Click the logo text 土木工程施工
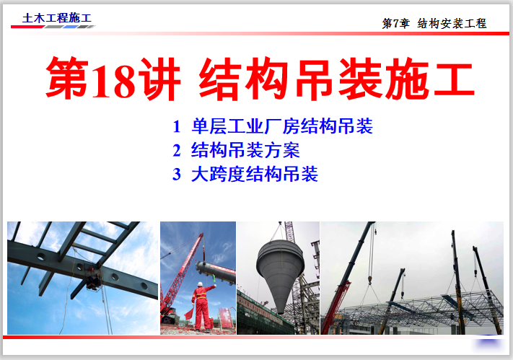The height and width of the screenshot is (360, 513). [x=57, y=18]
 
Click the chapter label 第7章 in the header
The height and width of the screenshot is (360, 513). [x=395, y=24]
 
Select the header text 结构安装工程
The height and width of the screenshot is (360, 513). [x=452, y=24]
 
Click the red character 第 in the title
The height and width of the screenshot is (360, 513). [x=67, y=79]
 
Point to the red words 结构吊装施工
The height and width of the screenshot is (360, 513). [x=336, y=79]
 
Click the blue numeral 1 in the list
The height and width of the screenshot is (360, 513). [x=177, y=126]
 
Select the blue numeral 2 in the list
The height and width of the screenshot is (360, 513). [x=177, y=151]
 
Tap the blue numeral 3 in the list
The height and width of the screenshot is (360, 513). [x=177, y=174]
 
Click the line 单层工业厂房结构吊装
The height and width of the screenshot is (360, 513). [x=282, y=126]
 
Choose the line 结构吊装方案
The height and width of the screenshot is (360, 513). [x=245, y=151]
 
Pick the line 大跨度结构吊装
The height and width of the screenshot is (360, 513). [x=255, y=174]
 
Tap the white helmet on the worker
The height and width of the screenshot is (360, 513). [x=200, y=284]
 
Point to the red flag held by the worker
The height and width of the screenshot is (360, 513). [x=189, y=313]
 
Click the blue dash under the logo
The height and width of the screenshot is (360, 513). [x=70, y=27]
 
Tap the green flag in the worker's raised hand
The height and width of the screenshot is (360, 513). [x=214, y=279]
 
